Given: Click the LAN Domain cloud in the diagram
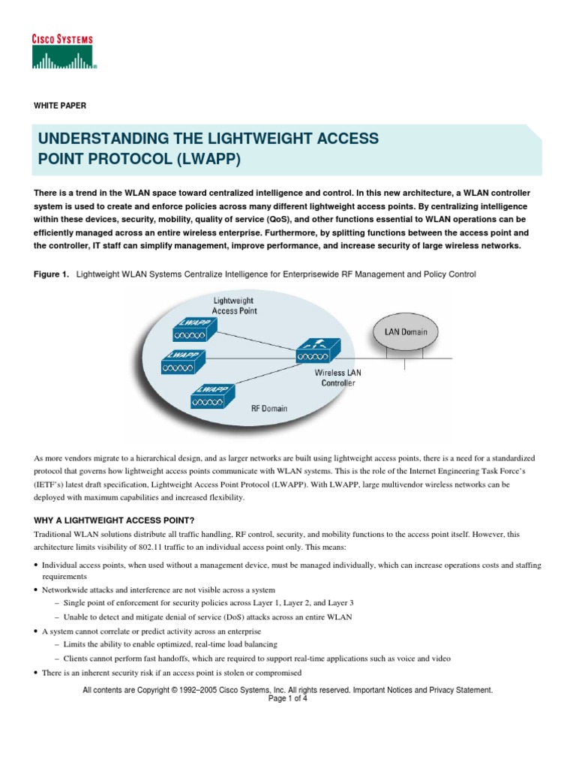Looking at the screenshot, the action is (x=406, y=331).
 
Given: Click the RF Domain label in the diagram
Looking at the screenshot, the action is (x=269, y=409).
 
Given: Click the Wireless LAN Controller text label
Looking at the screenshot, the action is (x=334, y=377).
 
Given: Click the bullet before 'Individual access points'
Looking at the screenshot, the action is (x=37, y=565).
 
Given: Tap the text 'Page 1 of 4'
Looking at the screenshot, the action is (x=288, y=698).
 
